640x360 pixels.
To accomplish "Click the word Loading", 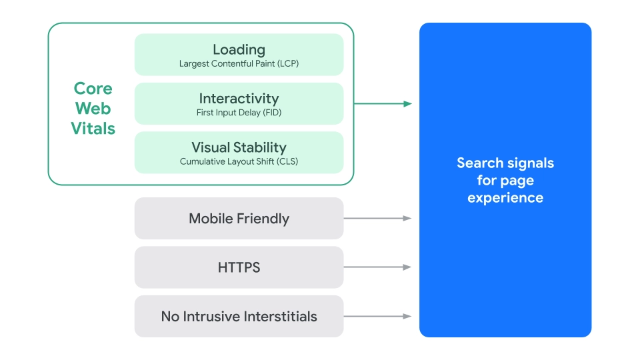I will pyautogui.click(x=239, y=49).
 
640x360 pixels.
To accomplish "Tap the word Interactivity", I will pyautogui.click(x=239, y=99).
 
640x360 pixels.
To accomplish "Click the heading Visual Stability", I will pyautogui.click(x=239, y=147).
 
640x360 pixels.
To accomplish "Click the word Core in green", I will pyautogui.click(x=93, y=89).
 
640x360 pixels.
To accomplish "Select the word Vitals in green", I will pyautogui.click(x=93, y=129).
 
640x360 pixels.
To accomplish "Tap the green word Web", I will pyautogui.click(x=93, y=109).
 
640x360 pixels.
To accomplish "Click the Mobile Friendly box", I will pyautogui.click(x=239, y=219).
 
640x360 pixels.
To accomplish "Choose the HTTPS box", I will pyautogui.click(x=239, y=267).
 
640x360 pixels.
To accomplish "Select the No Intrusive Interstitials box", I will pyautogui.click(x=239, y=316).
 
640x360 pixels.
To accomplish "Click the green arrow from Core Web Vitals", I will pyautogui.click(x=383, y=103).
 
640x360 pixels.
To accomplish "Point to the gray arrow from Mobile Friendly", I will pyautogui.click(x=377, y=218).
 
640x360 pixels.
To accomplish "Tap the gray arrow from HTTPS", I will pyautogui.click(x=377, y=267).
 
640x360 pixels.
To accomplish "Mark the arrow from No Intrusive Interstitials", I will pyautogui.click(x=377, y=316).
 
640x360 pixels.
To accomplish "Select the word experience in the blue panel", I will pyautogui.click(x=505, y=198).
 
